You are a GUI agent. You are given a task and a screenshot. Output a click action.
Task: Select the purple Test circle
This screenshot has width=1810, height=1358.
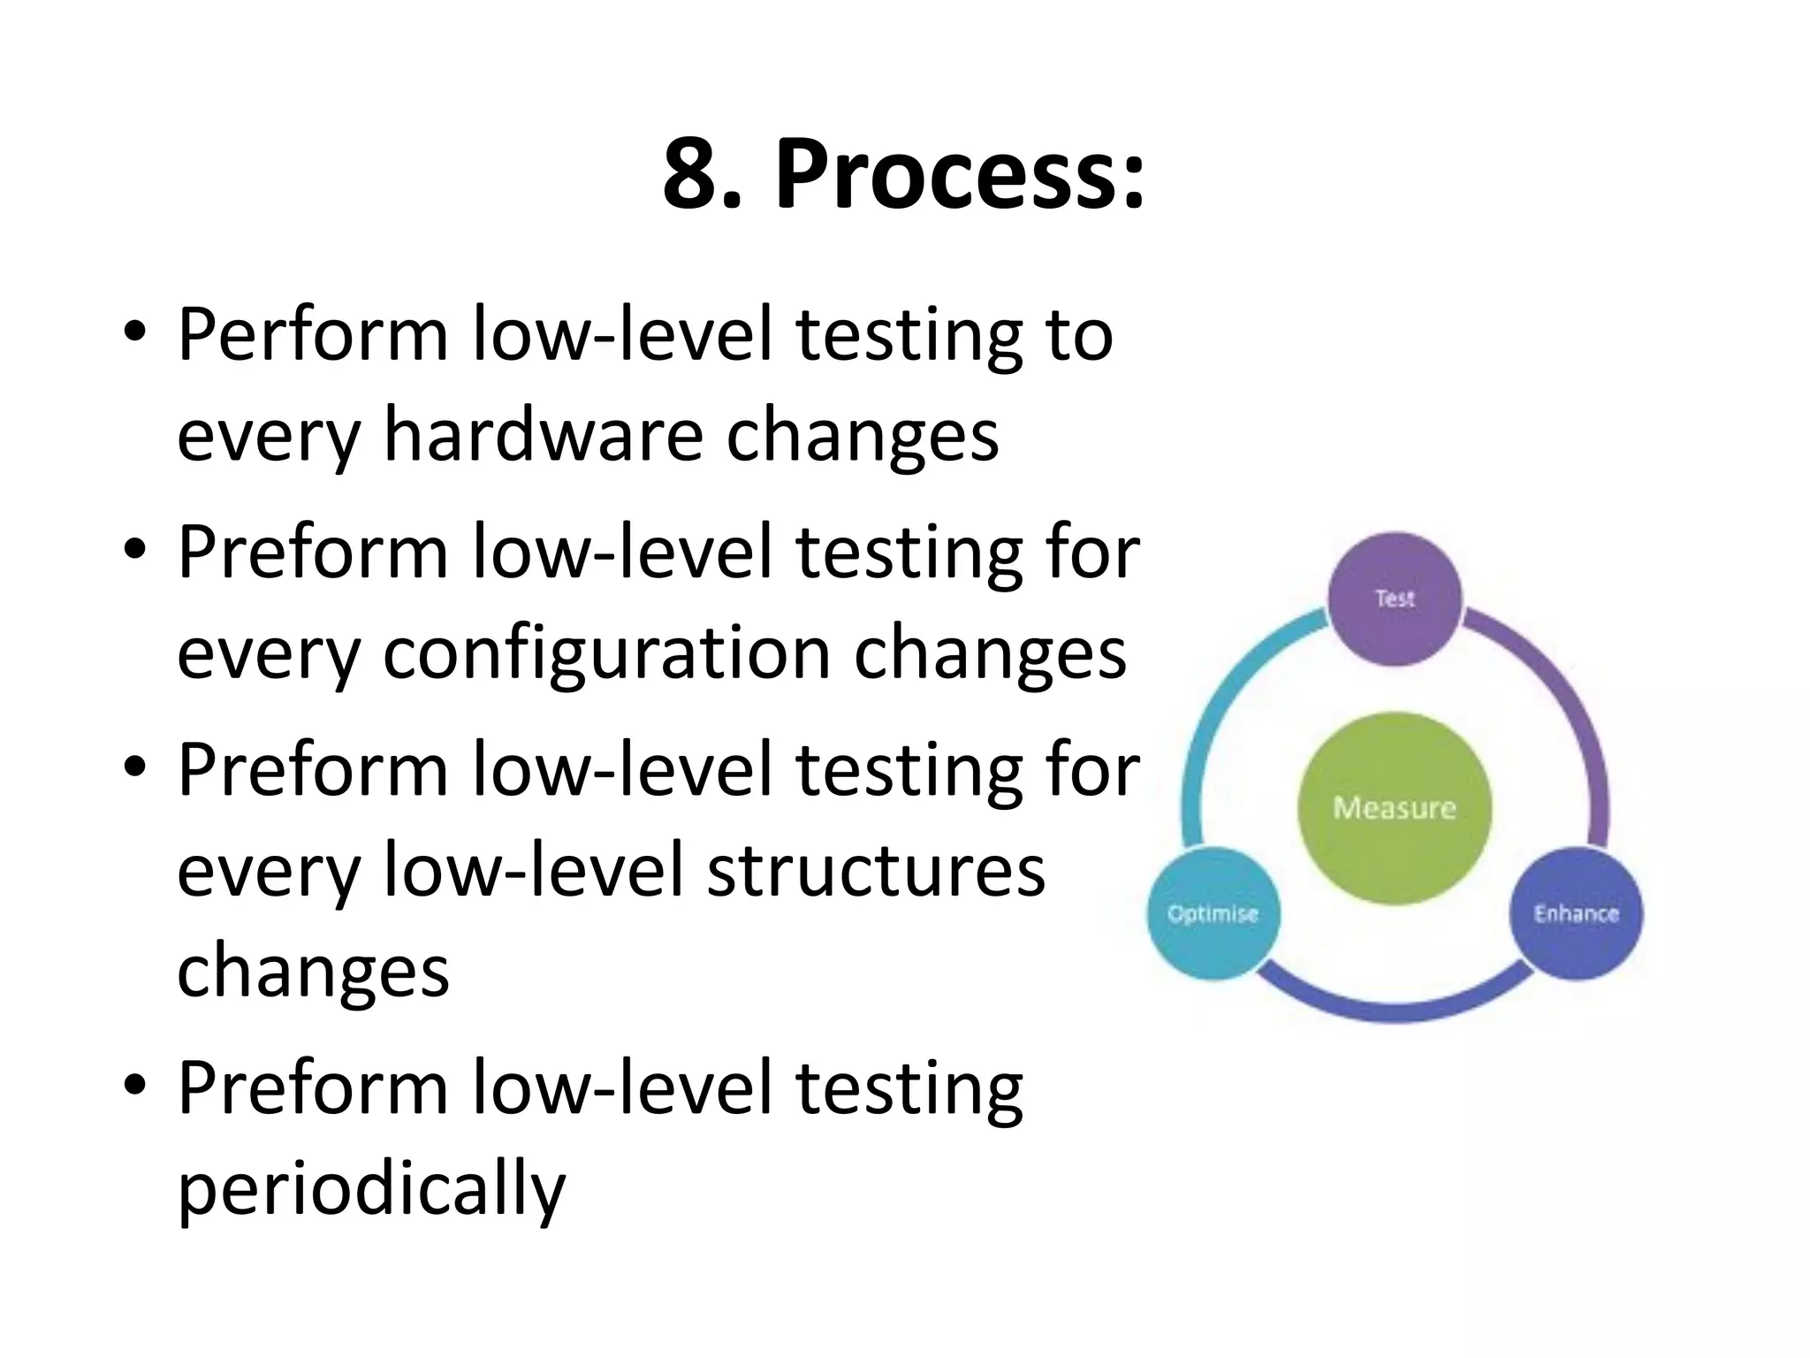click(1395, 599)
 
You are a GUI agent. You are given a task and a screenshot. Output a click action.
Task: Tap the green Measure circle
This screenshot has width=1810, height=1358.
click(1394, 808)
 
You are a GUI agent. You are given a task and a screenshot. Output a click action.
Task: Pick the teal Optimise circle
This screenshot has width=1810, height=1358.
click(1213, 913)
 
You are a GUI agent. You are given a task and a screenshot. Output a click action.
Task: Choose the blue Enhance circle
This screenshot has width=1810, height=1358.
click(1576, 913)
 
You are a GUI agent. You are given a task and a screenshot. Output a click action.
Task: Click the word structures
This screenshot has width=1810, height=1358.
click(876, 871)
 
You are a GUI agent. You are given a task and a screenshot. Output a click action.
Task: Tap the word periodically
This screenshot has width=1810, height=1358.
click(371, 1188)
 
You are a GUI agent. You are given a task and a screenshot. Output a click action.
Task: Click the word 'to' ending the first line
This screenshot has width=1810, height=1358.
click(1079, 336)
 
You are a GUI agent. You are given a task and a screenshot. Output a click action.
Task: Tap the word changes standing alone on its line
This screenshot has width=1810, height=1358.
click(313, 972)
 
